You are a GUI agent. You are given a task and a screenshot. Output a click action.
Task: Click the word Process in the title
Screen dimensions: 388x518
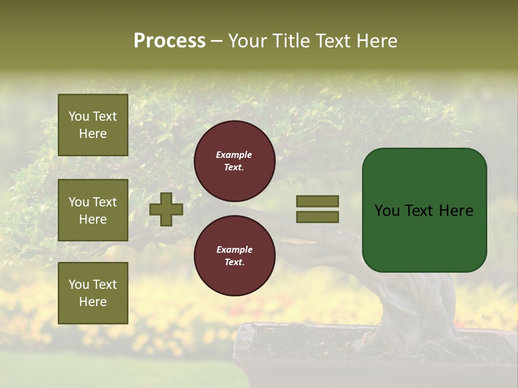pos(169,41)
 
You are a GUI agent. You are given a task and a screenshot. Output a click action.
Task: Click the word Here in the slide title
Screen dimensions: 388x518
pos(375,41)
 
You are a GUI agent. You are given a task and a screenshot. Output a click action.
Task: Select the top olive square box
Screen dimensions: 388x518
pos(93,125)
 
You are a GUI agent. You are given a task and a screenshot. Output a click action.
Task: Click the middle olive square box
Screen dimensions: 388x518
pos(93,210)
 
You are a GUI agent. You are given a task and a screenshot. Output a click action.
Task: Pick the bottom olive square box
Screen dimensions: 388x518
pos(93,293)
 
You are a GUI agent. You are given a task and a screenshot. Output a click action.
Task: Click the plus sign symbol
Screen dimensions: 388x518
pos(166,209)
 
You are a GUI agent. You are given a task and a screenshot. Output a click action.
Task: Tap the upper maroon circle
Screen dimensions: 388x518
pos(234,161)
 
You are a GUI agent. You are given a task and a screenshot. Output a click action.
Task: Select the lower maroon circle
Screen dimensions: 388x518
pos(234,255)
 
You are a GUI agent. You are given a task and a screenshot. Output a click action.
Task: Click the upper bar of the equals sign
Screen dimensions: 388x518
pos(317,201)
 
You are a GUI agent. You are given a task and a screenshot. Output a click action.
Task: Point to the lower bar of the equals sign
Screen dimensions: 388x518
pos(317,217)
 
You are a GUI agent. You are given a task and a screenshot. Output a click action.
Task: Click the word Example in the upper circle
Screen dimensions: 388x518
pos(234,155)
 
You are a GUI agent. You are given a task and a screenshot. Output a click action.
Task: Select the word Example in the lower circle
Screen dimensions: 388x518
pos(234,250)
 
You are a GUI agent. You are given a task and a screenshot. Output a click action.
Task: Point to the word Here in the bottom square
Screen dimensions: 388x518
pos(93,302)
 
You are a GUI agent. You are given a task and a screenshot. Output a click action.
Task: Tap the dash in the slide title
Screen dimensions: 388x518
pos(217,41)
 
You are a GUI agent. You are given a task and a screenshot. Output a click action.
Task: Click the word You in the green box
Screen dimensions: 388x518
pos(387,211)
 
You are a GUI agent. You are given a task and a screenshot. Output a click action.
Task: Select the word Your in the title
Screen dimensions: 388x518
pos(249,41)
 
